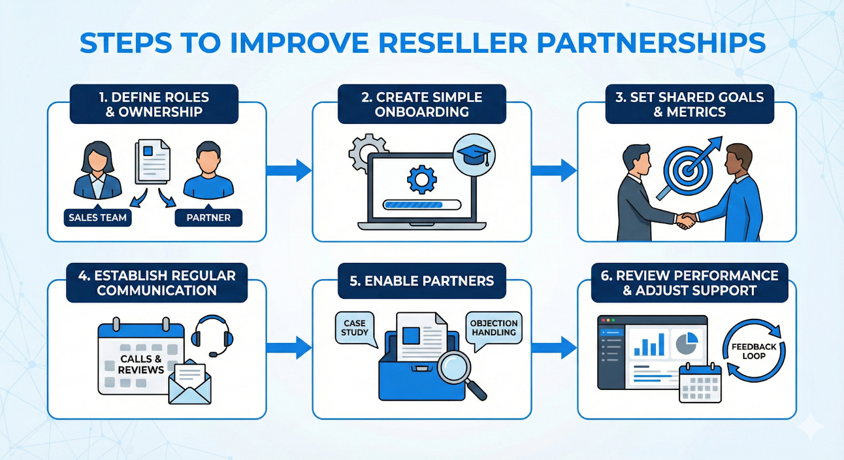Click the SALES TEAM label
click(x=98, y=218)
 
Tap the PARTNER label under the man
click(x=208, y=218)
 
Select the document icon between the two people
click(x=153, y=161)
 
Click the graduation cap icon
click(x=474, y=154)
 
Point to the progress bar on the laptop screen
click(x=422, y=204)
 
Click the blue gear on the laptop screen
click(x=421, y=179)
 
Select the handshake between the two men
click(x=686, y=220)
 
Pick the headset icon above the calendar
click(x=212, y=335)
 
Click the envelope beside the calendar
click(x=190, y=383)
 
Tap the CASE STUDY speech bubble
click(x=354, y=328)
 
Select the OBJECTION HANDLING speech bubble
click(x=494, y=328)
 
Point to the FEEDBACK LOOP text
click(x=754, y=351)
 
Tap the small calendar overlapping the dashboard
click(x=700, y=383)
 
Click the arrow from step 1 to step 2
click(x=289, y=170)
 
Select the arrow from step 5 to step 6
click(x=554, y=348)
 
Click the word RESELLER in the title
click(x=453, y=43)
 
